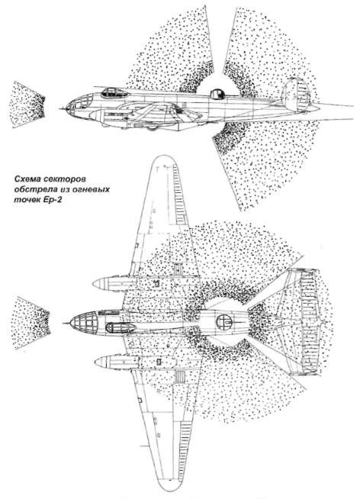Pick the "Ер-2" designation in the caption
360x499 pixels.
pyautogui.click(x=52, y=201)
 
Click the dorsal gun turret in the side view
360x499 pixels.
pyautogui.click(x=217, y=93)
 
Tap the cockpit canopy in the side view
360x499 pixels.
pyautogui.click(x=115, y=92)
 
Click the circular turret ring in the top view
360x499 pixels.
pyautogui.click(x=224, y=322)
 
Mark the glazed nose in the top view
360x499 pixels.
pyautogui.click(x=83, y=321)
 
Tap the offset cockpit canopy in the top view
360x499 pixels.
pyautogui.click(x=121, y=327)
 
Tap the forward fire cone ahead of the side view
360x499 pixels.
pyautogui.click(x=29, y=105)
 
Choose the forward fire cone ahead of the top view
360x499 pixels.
pyautogui.click(x=32, y=323)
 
